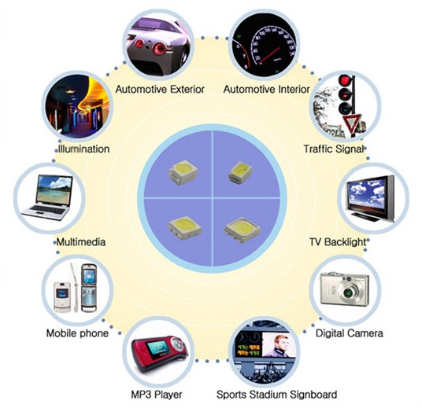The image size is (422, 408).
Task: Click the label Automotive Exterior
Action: click(x=160, y=90)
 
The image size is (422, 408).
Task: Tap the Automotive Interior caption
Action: click(x=266, y=90)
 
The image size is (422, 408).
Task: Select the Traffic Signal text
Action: click(x=334, y=149)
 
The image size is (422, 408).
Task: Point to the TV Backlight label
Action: click(x=338, y=242)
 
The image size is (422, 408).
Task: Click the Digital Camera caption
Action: click(x=349, y=333)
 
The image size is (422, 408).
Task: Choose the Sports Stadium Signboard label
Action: click(x=276, y=395)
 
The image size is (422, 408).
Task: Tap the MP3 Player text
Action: click(x=157, y=395)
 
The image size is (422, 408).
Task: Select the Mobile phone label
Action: click(x=77, y=333)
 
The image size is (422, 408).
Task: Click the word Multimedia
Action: click(x=81, y=242)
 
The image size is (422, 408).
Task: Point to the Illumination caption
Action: click(x=84, y=149)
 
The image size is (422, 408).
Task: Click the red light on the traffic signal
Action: click(x=345, y=80)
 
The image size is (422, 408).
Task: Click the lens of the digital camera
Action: click(x=349, y=292)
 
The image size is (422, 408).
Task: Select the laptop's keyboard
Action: click(x=49, y=210)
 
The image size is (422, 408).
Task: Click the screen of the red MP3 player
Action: click(x=157, y=347)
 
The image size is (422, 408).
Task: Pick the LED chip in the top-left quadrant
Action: click(x=183, y=172)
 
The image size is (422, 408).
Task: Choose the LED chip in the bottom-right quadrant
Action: click(x=242, y=230)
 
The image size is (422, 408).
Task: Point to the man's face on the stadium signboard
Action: click(x=279, y=342)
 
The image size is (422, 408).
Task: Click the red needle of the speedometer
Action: click(x=270, y=55)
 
